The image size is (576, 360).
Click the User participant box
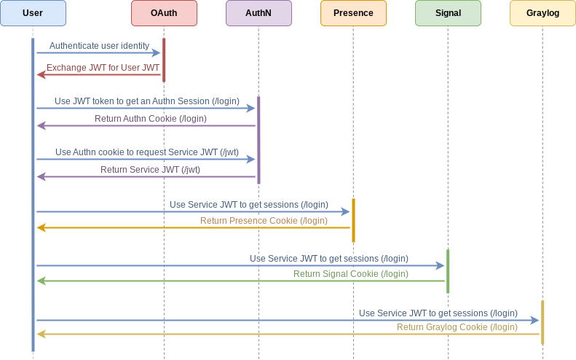[33, 13]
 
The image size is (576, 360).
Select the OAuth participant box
[164, 13]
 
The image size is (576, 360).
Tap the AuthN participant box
[259, 13]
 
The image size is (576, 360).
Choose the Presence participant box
[353, 13]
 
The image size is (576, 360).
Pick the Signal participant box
[448, 13]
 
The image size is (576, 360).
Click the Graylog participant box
[543, 13]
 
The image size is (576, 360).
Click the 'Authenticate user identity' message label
[99, 46]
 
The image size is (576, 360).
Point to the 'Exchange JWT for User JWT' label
[103, 68]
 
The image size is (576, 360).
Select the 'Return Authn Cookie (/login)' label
[150, 119]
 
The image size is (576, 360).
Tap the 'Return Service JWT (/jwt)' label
[150, 170]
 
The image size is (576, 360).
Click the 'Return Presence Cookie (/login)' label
[264, 221]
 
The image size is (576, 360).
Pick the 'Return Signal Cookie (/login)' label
[350, 274]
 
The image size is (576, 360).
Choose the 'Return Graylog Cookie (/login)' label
[457, 327]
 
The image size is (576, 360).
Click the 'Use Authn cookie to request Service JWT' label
[147, 152]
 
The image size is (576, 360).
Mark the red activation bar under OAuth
[164, 60]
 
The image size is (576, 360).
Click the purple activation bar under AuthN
[259, 140]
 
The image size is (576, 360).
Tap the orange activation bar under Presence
[353, 220]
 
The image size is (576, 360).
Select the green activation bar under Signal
[448, 271]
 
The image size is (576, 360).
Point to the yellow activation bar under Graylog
[543, 322]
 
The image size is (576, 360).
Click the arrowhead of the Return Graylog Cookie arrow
[41, 334]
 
